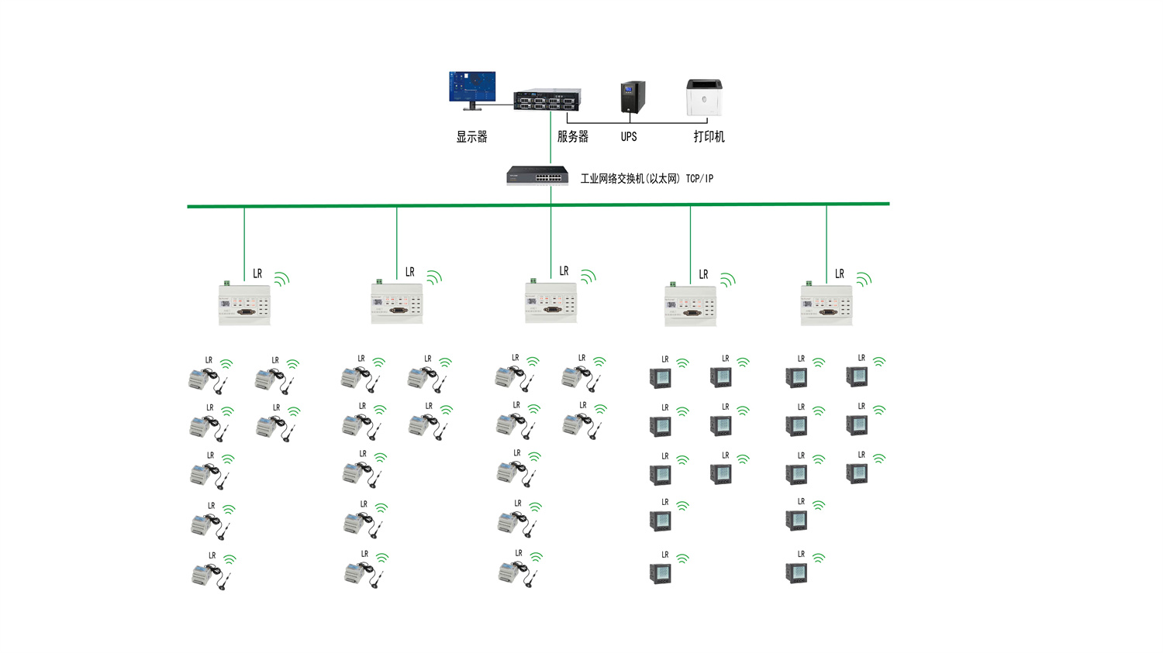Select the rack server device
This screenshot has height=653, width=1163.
(547, 99)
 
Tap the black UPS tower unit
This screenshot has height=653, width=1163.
(633, 98)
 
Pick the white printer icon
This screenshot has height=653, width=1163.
(704, 98)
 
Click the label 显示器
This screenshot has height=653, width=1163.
(471, 137)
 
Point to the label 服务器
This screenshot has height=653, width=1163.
(572, 136)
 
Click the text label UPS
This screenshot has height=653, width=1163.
(629, 137)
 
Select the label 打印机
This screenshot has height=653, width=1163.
(709, 137)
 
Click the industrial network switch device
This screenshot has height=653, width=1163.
(537, 176)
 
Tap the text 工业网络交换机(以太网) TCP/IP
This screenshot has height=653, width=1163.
(647, 179)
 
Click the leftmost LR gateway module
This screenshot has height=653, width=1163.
(244, 304)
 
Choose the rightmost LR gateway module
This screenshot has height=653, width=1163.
(827, 304)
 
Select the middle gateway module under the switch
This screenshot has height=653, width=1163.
(550, 302)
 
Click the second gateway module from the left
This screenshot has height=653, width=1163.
(397, 303)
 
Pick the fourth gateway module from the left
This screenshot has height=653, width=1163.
(690, 305)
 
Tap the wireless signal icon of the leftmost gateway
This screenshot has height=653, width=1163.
(281, 279)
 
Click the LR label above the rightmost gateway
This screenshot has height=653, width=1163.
(839, 274)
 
